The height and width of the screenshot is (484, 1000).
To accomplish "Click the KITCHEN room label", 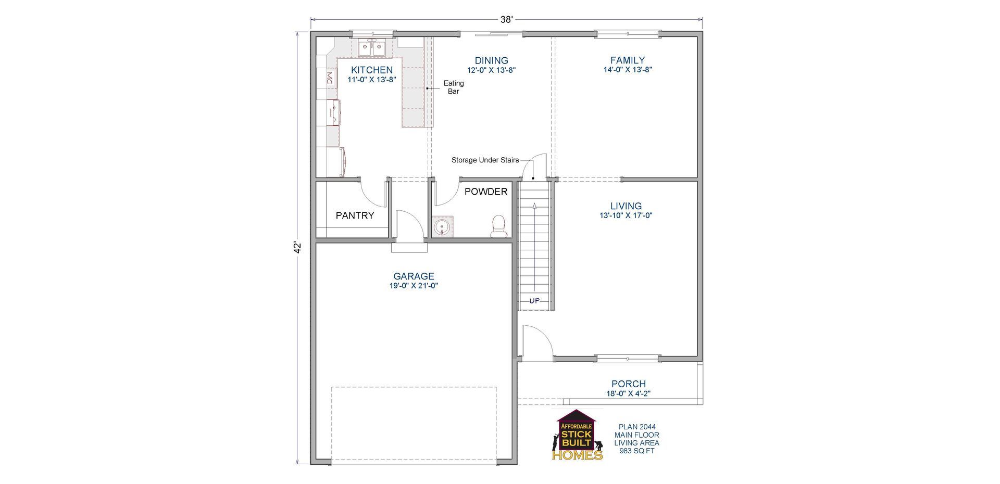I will [x=372, y=70].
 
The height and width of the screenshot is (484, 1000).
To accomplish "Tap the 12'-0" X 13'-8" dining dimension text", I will [x=491, y=70].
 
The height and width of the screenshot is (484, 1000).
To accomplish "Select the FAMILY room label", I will [x=628, y=60].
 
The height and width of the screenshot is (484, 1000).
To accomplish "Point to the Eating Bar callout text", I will [x=454, y=87].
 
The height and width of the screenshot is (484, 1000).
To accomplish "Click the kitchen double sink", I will [x=372, y=49].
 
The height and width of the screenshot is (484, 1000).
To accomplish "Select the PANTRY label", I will [x=355, y=215].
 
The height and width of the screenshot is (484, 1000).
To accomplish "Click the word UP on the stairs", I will [x=534, y=301].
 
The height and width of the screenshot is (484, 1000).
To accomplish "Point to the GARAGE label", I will [x=414, y=276].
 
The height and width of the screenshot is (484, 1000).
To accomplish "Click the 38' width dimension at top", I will [x=507, y=20].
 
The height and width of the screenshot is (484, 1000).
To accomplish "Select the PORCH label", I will [x=629, y=384].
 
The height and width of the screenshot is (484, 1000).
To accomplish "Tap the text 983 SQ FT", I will [x=636, y=451].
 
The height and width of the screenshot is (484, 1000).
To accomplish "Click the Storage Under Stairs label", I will [x=485, y=160].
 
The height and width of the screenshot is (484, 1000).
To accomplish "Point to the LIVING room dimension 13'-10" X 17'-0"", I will [x=626, y=215].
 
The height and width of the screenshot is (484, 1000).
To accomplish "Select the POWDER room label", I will [x=485, y=192].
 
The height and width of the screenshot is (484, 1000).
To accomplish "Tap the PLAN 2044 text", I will [x=636, y=427].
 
